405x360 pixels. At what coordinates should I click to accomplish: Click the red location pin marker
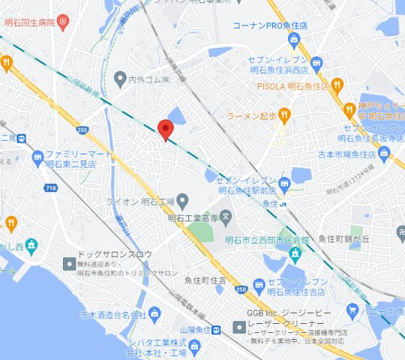tap(166, 129)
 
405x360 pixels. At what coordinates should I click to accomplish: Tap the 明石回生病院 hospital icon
tap(64, 22)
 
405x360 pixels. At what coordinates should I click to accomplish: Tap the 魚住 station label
tap(270, 202)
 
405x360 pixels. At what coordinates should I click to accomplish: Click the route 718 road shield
tap(49, 187)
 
